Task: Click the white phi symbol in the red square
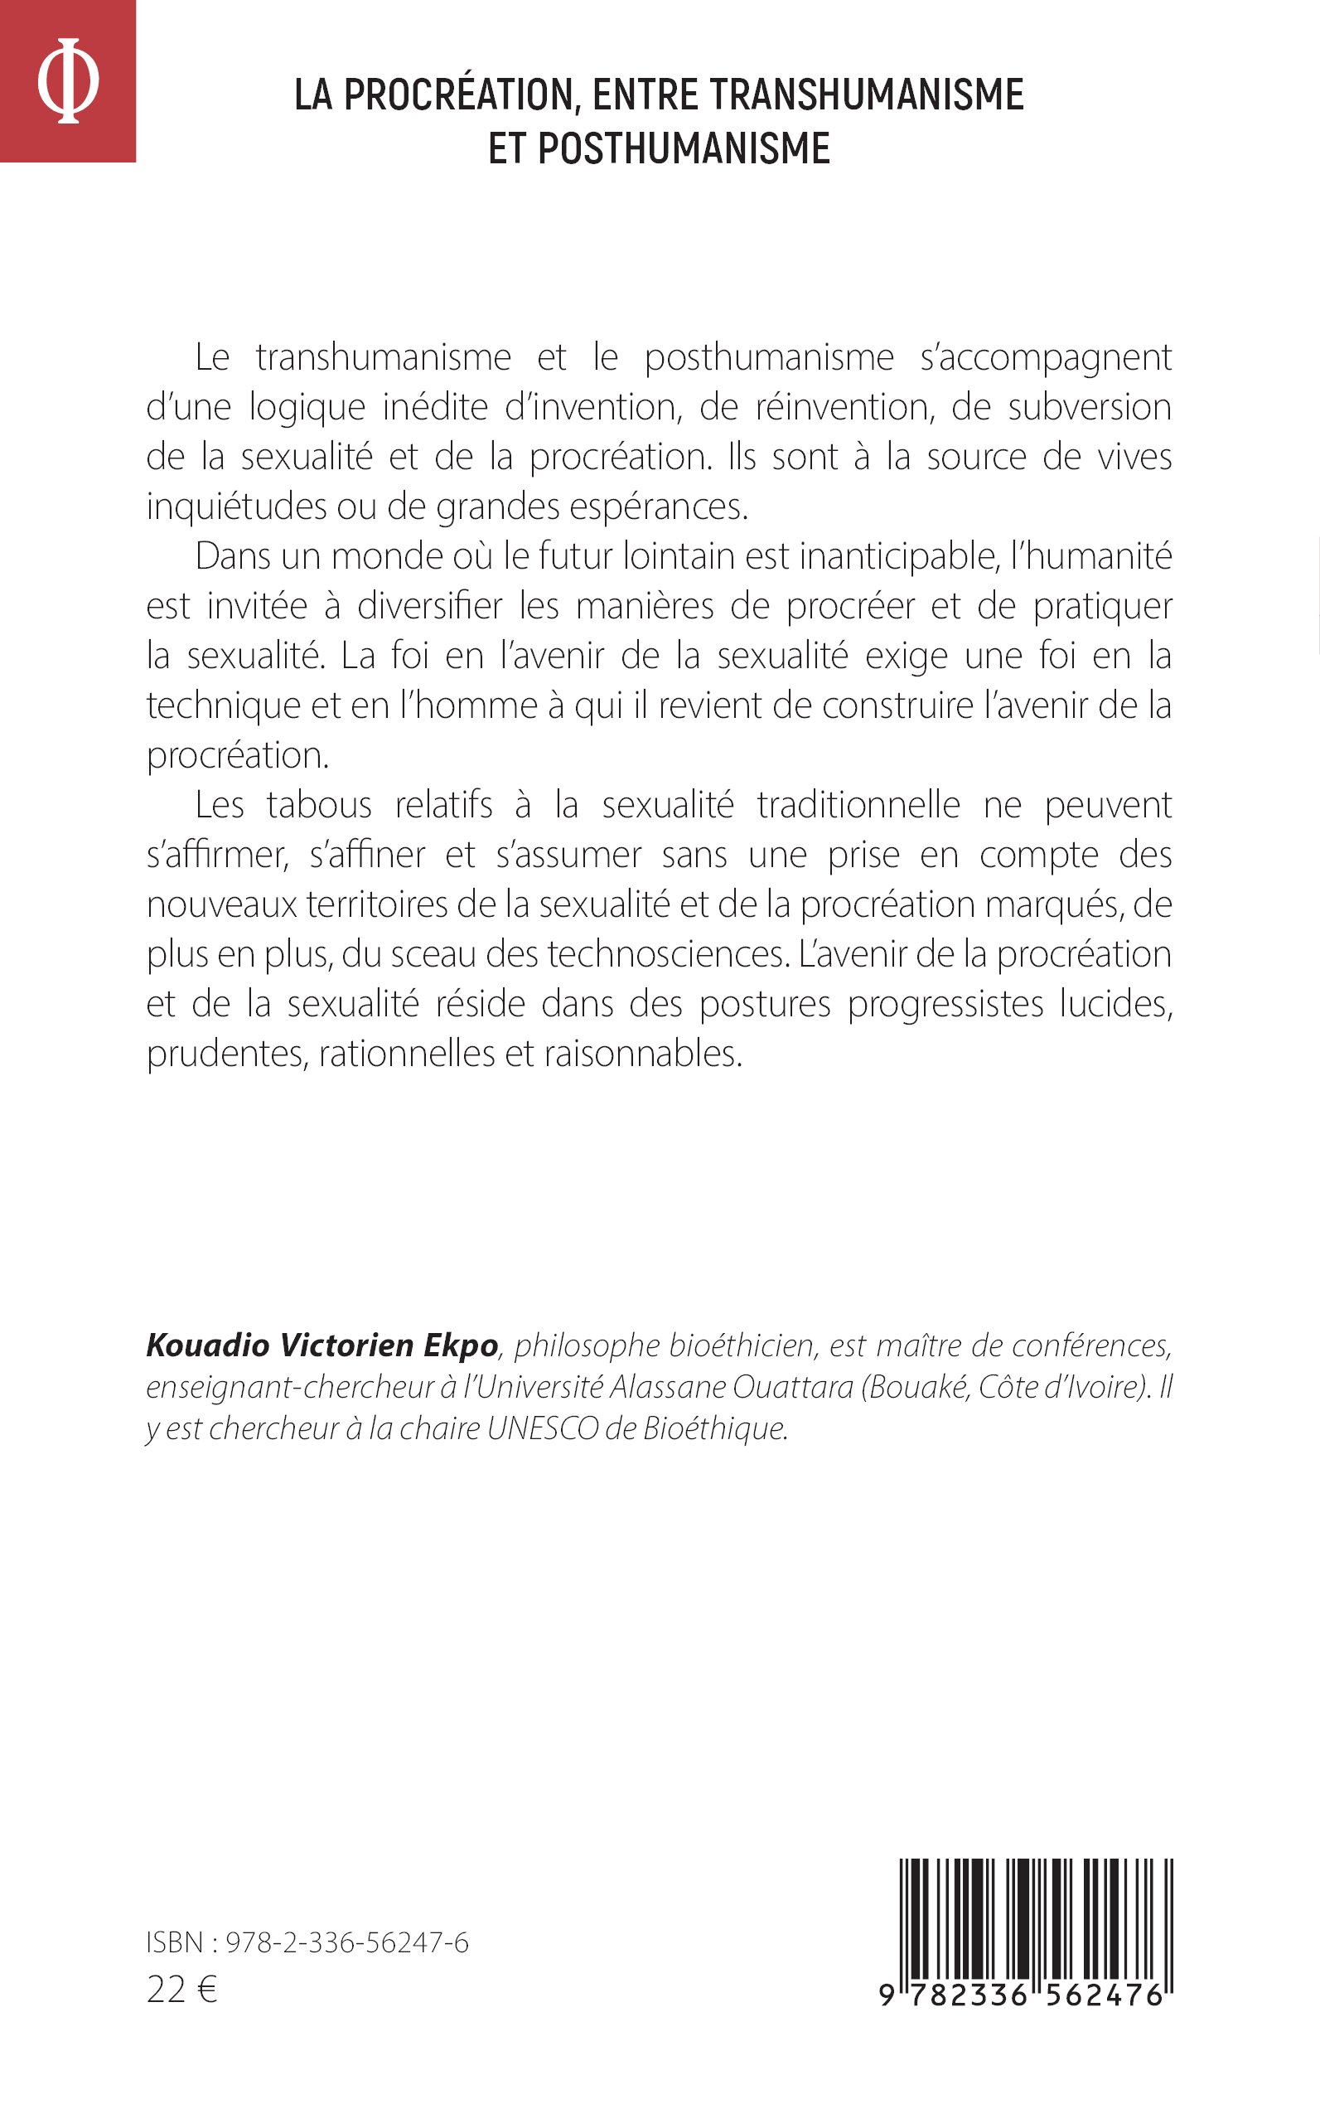tap(67, 80)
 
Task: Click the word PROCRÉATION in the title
tap(458, 95)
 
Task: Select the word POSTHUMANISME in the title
tap(684, 148)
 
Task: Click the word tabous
tap(319, 804)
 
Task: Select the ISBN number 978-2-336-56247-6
tap(346, 1942)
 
